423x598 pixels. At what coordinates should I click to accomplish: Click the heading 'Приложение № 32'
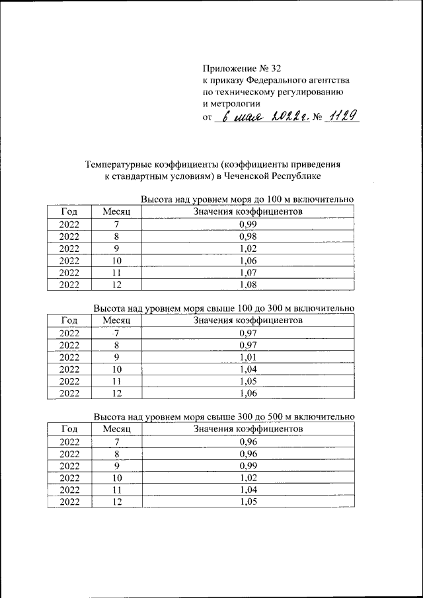[244, 67]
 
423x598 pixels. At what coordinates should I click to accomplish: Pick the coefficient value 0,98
[248, 237]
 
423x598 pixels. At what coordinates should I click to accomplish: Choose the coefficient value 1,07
[248, 273]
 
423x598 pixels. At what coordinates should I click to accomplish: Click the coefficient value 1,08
[248, 285]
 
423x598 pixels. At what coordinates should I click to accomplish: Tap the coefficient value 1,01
[248, 357]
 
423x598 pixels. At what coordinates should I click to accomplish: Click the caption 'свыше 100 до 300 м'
[247, 308]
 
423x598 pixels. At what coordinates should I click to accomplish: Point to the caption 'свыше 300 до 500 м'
[247, 416]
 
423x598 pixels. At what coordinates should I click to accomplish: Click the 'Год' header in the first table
[69, 211]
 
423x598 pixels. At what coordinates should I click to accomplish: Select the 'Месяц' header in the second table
[116, 320]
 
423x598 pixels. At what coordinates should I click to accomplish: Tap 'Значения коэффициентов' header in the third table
[248, 429]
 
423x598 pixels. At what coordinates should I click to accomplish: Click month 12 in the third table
[116, 502]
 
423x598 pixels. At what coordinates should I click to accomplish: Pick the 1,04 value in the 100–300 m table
[248, 369]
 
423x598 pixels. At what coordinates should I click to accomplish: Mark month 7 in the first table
[116, 225]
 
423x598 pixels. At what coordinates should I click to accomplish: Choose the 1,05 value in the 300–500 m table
[248, 502]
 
